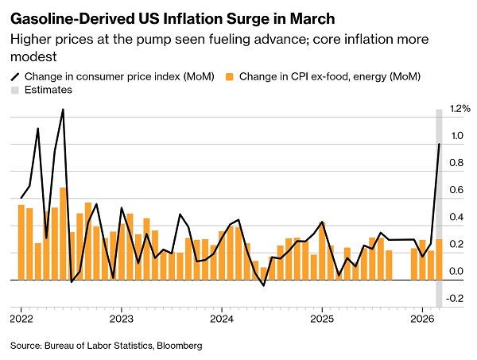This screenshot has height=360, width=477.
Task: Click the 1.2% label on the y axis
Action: tap(460, 109)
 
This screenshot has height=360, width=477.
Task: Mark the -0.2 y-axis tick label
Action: tap(457, 299)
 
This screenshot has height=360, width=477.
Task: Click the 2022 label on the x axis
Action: tap(21, 319)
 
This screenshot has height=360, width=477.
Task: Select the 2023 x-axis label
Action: tap(121, 319)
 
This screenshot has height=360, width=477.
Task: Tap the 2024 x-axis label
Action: tap(222, 319)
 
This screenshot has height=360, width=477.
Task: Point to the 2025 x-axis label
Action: tap(322, 319)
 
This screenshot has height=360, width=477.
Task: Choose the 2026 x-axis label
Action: tap(422, 319)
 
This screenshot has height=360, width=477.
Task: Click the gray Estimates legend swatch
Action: tap(15, 91)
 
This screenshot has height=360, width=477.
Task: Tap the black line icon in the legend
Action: tap(15, 76)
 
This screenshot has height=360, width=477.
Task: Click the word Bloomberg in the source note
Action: tap(180, 346)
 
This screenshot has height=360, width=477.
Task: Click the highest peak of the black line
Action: tap(63, 110)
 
